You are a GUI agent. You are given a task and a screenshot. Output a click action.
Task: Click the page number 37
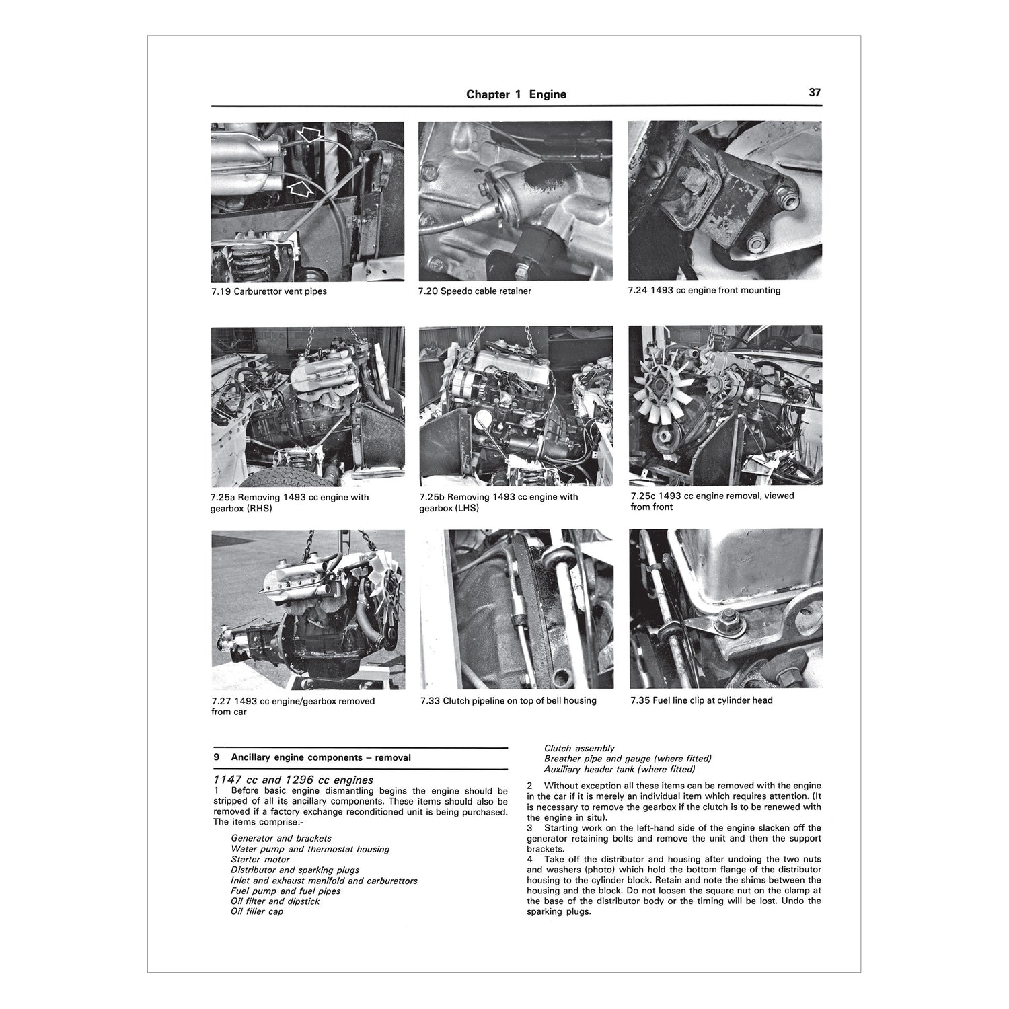(814, 93)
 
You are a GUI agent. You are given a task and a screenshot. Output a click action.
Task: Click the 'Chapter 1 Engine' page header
(516, 94)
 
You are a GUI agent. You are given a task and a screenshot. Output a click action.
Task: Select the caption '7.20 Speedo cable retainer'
(474, 291)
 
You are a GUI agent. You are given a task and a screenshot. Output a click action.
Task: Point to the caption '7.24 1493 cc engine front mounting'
(704, 291)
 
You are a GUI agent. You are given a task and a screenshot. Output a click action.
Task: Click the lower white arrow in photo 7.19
(299, 186)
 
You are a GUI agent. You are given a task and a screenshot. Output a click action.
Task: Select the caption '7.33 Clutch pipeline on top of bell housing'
(508, 700)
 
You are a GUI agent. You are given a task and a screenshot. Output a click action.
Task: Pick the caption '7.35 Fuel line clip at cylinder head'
(702, 700)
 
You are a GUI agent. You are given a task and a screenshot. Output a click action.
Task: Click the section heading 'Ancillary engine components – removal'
(321, 757)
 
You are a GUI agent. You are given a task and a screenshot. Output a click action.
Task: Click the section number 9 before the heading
(216, 757)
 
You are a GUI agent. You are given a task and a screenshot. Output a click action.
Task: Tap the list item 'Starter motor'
(260, 860)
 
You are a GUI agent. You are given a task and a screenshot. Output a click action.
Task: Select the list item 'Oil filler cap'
(257, 911)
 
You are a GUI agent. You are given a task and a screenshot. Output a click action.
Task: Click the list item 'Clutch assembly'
(578, 748)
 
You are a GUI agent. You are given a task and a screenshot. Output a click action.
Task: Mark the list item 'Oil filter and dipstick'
(275, 901)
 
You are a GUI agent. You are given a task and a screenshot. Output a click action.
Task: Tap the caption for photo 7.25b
(498, 502)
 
